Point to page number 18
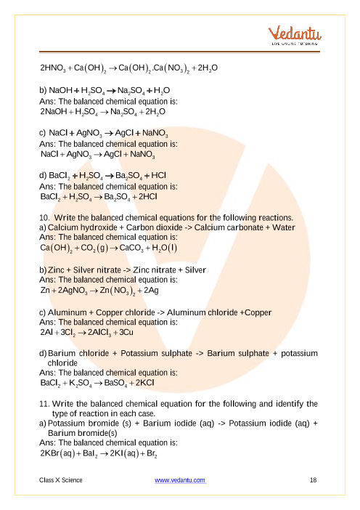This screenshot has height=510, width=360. (313, 480)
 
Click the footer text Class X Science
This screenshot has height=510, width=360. (61, 480)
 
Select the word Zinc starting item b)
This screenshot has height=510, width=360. (59, 270)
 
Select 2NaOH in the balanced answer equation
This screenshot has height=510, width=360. (57, 113)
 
